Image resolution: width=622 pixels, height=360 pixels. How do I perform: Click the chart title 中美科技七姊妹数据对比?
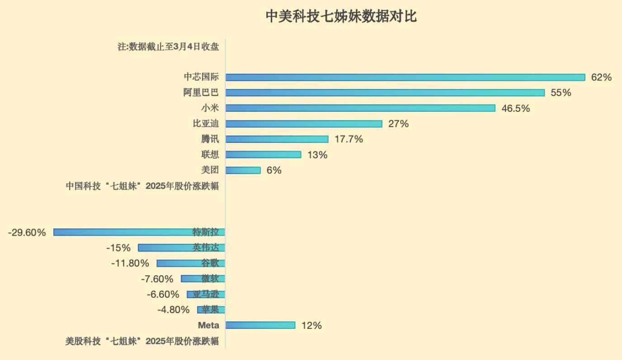[x=341, y=17]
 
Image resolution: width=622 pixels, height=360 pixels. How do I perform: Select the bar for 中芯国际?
[x=405, y=77]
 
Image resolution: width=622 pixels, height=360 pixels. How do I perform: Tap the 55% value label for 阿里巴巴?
[x=561, y=93]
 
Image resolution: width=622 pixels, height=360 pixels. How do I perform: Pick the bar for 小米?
[x=360, y=108]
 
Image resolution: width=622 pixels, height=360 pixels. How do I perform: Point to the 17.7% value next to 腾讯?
[x=349, y=139]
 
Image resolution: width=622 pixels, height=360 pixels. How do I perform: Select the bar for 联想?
[x=263, y=155]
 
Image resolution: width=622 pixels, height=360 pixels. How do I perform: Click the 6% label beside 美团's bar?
[x=274, y=170]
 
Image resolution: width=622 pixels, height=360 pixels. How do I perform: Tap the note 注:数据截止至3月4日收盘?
[x=168, y=47]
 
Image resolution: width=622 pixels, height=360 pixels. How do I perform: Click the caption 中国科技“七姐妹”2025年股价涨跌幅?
[x=142, y=186]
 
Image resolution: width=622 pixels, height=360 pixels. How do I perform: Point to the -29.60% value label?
[x=27, y=232]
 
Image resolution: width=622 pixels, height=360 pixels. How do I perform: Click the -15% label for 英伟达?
[x=118, y=248]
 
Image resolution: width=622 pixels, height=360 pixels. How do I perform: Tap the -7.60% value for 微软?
[x=157, y=279]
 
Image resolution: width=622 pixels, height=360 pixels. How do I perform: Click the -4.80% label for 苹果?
[x=173, y=310]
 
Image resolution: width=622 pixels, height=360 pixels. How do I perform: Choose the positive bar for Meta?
[x=260, y=325]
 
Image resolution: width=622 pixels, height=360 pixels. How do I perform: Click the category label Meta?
[x=208, y=325]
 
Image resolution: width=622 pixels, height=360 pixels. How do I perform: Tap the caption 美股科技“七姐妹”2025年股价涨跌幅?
[x=142, y=341]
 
